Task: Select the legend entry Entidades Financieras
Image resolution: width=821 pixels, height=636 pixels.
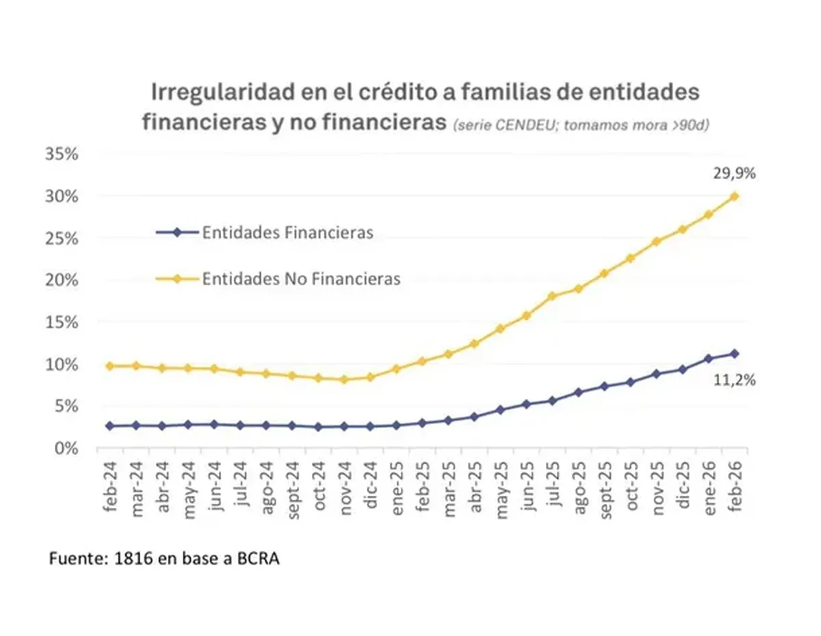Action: pyautogui.click(x=287, y=233)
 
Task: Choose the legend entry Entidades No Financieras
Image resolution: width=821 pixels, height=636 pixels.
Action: pyautogui.click(x=301, y=279)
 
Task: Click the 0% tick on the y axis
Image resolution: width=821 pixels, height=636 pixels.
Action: pyautogui.click(x=67, y=448)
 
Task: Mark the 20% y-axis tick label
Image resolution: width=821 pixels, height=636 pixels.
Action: pyautogui.click(x=63, y=280)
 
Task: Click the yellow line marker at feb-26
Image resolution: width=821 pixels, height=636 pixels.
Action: pyautogui.click(x=735, y=196)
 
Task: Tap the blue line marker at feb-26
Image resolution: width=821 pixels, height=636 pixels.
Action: pyautogui.click(x=735, y=354)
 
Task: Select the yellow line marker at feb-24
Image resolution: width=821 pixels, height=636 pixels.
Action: pyautogui.click(x=110, y=367)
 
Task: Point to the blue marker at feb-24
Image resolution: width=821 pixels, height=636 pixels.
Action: pyautogui.click(x=110, y=426)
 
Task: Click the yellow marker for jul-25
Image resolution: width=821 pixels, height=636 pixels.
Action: pyautogui.click(x=552, y=296)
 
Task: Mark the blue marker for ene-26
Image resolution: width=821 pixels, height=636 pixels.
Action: pyautogui.click(x=709, y=358)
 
